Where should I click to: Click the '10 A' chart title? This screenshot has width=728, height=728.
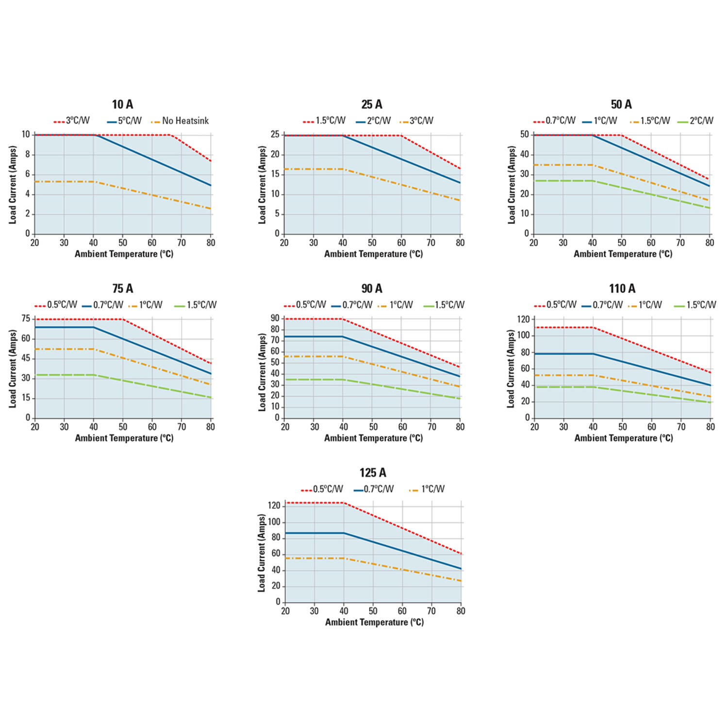[x=122, y=104]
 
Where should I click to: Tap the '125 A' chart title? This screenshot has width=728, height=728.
[x=373, y=473]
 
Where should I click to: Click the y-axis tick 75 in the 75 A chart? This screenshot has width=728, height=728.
[x=26, y=319]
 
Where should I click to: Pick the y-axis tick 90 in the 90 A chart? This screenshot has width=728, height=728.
[x=275, y=318]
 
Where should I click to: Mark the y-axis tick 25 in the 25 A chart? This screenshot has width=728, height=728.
[x=275, y=134]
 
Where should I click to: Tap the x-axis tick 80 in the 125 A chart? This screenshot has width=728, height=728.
[x=461, y=611]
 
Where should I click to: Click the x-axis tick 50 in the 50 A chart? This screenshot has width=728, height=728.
[x=622, y=243]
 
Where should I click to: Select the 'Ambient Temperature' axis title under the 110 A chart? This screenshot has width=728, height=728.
[x=624, y=438]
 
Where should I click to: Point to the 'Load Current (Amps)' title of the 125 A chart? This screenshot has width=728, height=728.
[x=262, y=553]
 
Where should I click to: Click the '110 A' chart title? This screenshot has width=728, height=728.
[x=622, y=289]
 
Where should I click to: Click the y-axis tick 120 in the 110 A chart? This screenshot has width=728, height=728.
[x=523, y=319]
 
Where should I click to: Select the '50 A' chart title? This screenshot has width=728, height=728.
[x=621, y=104]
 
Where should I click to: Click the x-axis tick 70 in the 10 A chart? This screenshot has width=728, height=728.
[x=182, y=243]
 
